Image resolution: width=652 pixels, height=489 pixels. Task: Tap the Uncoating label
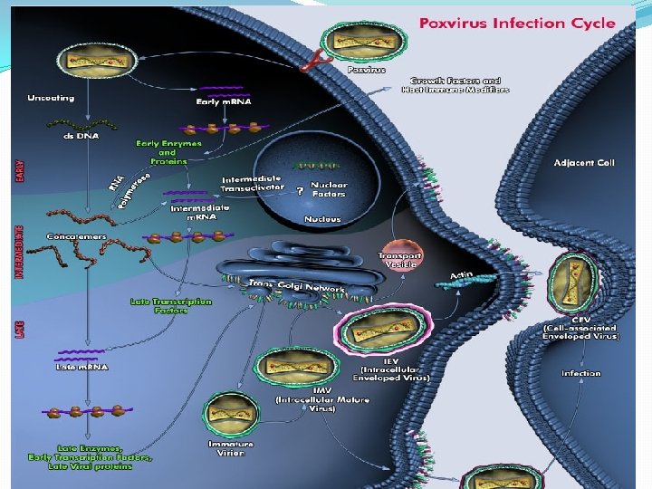coord(51,97)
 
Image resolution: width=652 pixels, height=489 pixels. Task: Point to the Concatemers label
coord(77,236)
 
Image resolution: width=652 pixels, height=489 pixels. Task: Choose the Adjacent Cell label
coord(583,162)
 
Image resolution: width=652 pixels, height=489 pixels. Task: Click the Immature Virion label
coord(231,448)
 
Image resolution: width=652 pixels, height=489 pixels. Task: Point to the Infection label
coord(580,373)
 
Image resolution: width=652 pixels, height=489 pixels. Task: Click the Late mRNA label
coord(81,367)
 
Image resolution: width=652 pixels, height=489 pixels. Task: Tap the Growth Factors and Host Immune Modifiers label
coord(460,85)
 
